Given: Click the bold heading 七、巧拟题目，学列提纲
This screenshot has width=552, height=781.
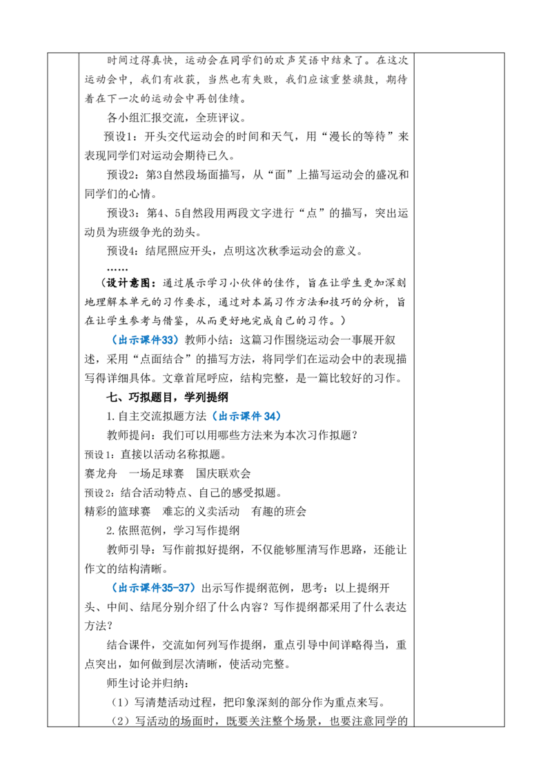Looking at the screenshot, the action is pos(168,397).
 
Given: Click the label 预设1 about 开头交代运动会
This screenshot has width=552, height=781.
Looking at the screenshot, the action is pos(119,137).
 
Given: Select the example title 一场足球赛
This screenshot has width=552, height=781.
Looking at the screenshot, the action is pos(157,474).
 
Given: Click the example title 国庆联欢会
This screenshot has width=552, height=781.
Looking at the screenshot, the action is pos(223,474).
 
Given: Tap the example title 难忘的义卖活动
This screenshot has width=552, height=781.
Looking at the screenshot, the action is pos(201,511).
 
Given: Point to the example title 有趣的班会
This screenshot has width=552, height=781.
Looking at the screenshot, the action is pos(279,511).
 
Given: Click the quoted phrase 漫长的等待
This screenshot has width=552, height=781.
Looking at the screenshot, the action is pos(357,137).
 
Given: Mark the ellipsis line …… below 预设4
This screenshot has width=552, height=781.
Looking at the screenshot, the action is pos(117,269).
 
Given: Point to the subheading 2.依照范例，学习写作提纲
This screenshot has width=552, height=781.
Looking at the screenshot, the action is pos(173,531).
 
